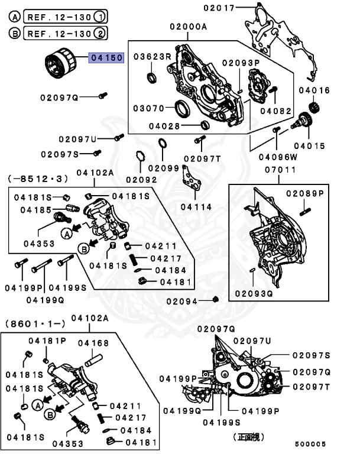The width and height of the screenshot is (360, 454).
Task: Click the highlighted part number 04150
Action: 106,58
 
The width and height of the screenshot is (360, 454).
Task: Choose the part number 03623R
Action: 152,57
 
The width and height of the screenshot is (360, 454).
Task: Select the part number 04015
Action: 313,145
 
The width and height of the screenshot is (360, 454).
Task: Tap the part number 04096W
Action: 277,157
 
